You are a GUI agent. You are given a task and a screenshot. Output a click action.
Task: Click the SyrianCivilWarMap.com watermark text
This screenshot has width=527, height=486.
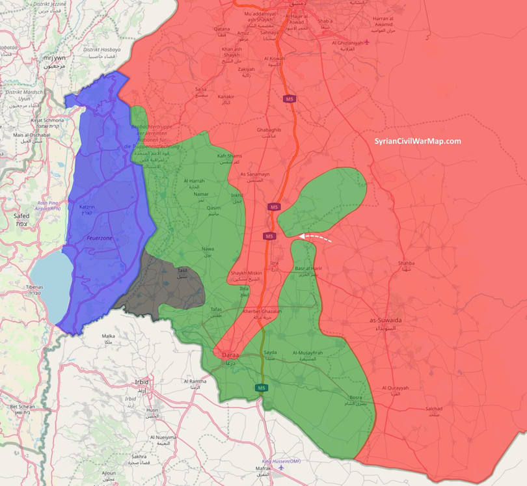click(x=417, y=141)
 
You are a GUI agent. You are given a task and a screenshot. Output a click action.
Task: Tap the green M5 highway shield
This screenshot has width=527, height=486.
click(x=262, y=388)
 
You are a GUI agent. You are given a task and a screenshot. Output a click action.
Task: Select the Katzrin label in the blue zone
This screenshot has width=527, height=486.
click(x=88, y=207)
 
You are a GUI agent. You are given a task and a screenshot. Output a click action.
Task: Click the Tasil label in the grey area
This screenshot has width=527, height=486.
click(x=182, y=269)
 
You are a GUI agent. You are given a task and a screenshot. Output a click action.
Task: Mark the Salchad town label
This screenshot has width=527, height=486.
click(x=434, y=409)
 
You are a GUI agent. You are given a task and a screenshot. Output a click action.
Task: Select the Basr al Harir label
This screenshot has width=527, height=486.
click(x=309, y=269)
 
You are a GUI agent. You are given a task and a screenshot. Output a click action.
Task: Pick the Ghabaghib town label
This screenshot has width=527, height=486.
click(x=269, y=130)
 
